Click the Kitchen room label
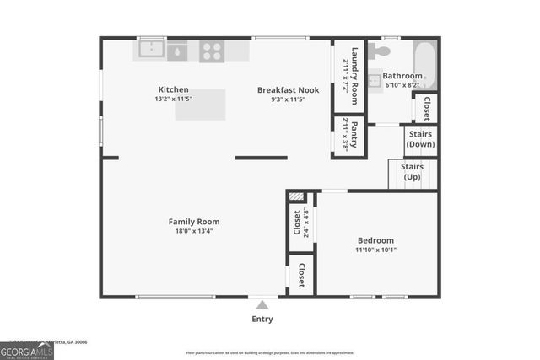pyautogui.click(x=173, y=89)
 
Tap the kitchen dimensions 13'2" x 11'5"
pyautogui.click(x=173, y=99)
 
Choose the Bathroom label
pyautogui.click(x=402, y=75)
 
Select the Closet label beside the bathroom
pyautogui.click(x=427, y=109)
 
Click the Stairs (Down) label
pyautogui.click(x=421, y=139)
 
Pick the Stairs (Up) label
pyautogui.click(x=413, y=172)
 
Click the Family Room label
pyautogui.click(x=193, y=222)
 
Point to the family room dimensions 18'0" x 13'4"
pyautogui.click(x=193, y=231)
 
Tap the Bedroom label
pyautogui.click(x=375, y=240)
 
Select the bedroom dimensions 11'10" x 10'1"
pyautogui.click(x=375, y=250)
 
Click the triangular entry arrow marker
pyautogui.click(x=262, y=305)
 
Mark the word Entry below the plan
pyautogui.click(x=262, y=319)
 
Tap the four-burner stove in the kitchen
pyautogui.click(x=212, y=51)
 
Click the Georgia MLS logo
pyautogui.click(x=27, y=350)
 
